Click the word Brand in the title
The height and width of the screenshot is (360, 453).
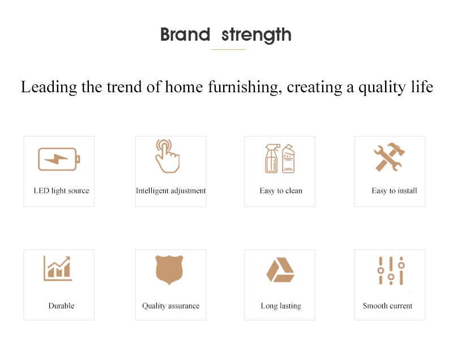[x=185, y=35]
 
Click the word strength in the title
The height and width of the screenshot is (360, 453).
[x=257, y=35]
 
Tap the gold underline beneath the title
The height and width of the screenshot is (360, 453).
[x=229, y=50]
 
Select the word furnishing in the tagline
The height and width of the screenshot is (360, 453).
[x=245, y=87]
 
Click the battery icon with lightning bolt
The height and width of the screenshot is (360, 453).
[x=59, y=159]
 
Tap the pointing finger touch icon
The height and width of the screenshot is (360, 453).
[x=167, y=156]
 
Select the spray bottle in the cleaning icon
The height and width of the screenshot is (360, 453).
[x=272, y=158]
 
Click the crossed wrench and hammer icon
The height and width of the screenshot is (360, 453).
[x=389, y=157]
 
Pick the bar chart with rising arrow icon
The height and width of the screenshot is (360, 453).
[x=58, y=268]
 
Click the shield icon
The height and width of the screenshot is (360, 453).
[x=169, y=269]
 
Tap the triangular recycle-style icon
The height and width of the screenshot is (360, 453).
[x=280, y=269]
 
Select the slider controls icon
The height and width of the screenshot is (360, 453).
[x=391, y=271]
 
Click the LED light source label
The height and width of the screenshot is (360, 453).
[x=61, y=191]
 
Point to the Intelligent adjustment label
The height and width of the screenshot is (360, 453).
[x=171, y=191]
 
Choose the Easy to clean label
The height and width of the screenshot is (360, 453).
[x=281, y=191]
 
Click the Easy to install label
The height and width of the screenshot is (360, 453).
[x=394, y=191]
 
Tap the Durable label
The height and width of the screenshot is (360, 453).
[x=61, y=306]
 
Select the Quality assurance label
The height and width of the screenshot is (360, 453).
[x=171, y=306]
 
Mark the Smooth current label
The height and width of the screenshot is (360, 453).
[x=387, y=306]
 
